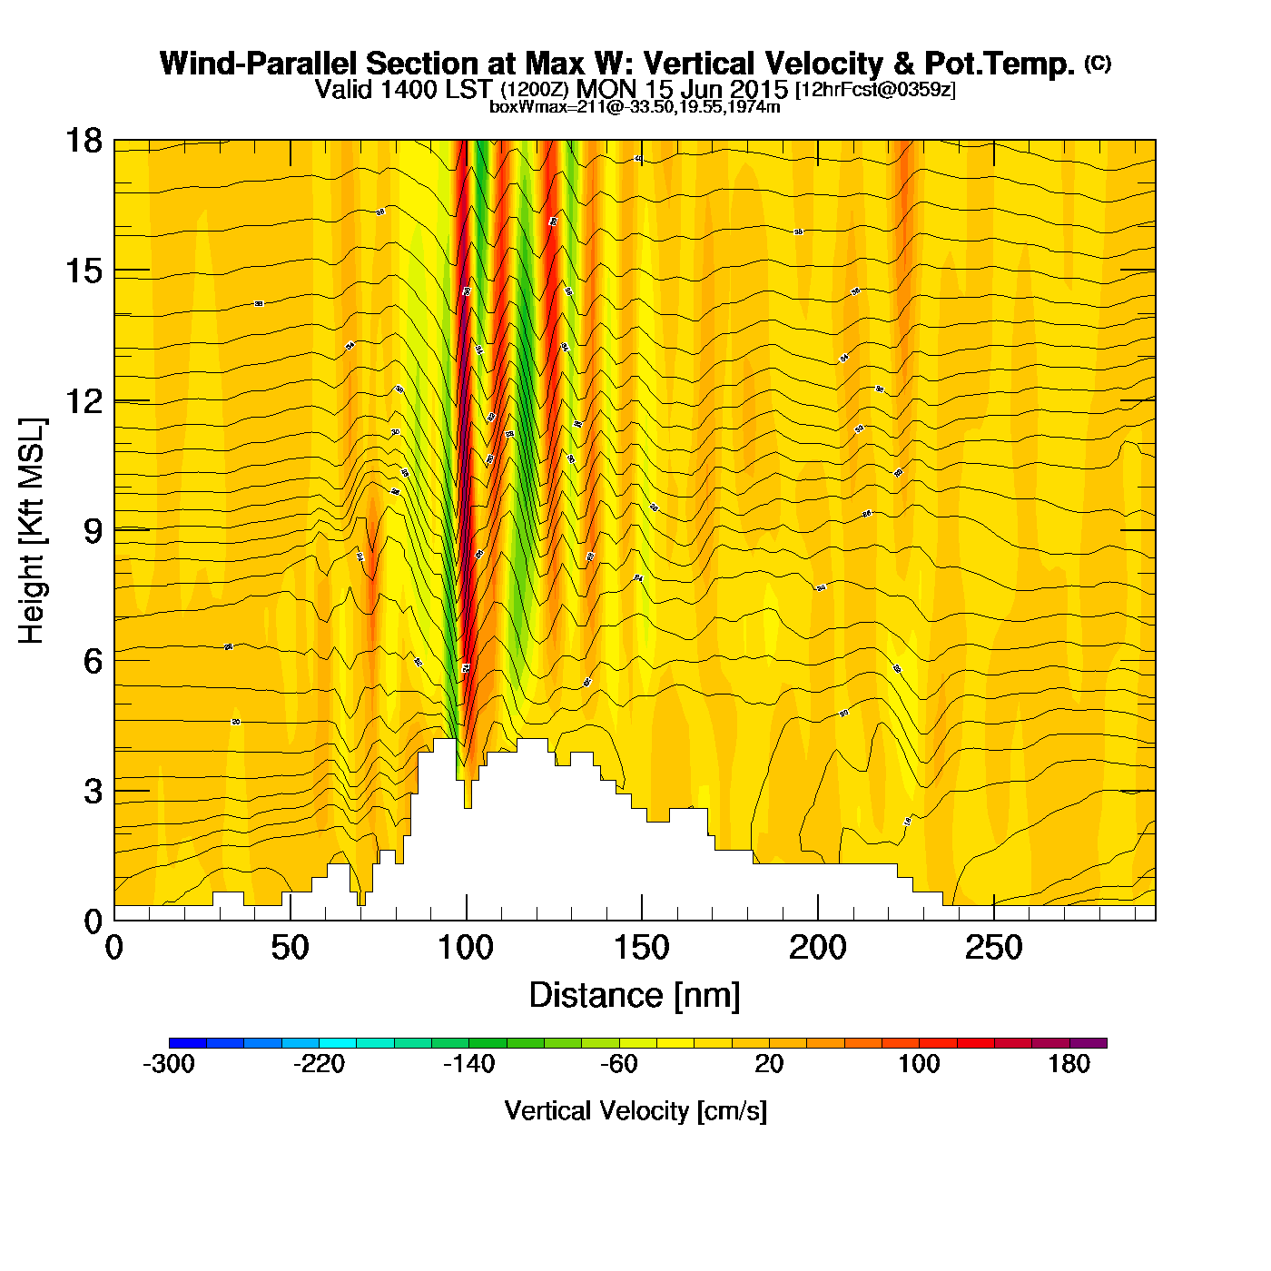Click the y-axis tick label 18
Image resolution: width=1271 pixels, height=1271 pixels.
click(x=83, y=142)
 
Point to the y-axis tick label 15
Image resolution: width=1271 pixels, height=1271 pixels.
click(x=83, y=271)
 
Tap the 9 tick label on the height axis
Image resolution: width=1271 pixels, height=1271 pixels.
click(x=93, y=532)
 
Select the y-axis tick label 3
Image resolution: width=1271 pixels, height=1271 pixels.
click(x=93, y=792)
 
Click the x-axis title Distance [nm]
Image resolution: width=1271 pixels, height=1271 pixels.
click(x=635, y=996)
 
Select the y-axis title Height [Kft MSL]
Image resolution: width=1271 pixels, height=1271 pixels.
click(x=33, y=531)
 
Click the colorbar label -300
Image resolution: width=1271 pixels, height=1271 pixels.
click(x=169, y=1064)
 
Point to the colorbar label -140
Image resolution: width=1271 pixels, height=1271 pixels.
click(x=468, y=1064)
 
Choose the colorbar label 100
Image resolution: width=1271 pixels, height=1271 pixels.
click(x=919, y=1064)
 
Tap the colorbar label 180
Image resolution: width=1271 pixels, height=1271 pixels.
click(x=1069, y=1064)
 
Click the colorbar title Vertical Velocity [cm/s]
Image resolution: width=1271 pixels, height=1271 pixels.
click(x=635, y=1110)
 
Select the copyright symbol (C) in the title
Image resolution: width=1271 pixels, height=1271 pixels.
click(x=1098, y=63)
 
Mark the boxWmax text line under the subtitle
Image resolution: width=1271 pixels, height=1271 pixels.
click(x=635, y=106)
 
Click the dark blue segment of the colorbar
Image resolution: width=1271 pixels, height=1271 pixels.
click(x=188, y=1043)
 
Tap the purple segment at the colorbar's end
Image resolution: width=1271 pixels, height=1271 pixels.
click(x=1088, y=1043)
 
